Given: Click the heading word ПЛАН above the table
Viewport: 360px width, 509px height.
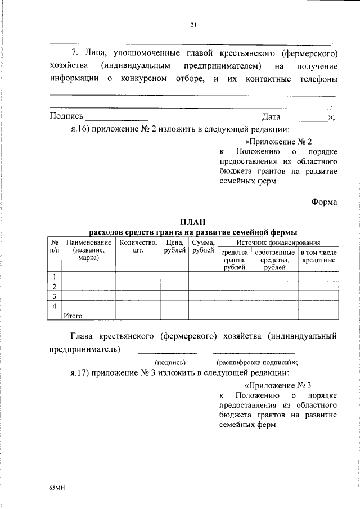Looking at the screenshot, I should coord(193,222).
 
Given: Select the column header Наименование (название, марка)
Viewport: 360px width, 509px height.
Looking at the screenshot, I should coord(89,250).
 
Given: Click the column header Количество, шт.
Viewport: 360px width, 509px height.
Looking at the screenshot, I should coord(138,246).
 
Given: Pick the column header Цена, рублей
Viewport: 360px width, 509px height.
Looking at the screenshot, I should coord(175,246).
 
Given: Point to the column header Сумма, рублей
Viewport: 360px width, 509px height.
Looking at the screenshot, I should coord(202,246).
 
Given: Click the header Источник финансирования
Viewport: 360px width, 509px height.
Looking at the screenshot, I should coord(278,242).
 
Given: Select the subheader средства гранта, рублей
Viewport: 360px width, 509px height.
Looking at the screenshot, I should coord(235,260).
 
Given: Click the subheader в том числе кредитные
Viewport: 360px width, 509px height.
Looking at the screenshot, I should coord(318,256).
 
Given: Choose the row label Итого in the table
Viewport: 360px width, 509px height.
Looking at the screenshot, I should coord(73,316).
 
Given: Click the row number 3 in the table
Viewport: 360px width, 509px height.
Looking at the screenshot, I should coord(55,296).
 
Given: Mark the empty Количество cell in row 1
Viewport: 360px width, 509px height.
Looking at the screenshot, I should coord(138,276).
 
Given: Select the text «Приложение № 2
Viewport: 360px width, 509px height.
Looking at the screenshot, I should coord(278,142).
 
